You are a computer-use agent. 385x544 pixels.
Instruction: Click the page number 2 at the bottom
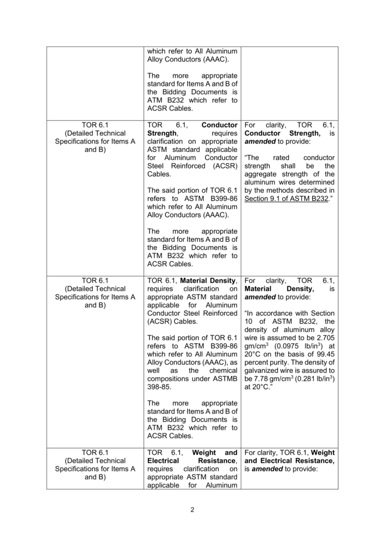tap(192, 511)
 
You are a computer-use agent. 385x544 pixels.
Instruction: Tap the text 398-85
tap(161, 388)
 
